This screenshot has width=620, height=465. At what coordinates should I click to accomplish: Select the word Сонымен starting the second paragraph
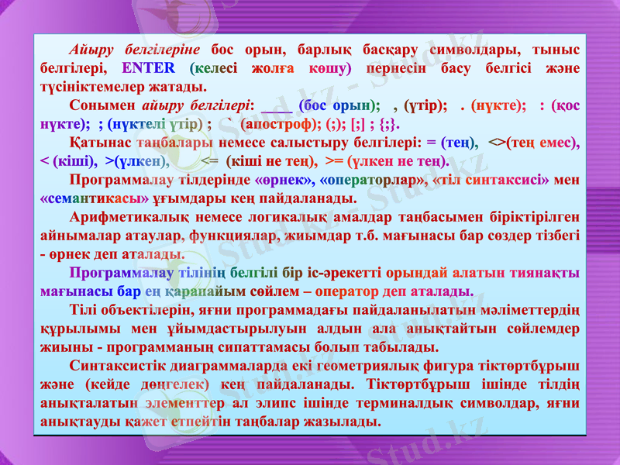pos(99,105)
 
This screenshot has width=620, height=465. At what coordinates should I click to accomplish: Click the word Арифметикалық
pos(123,217)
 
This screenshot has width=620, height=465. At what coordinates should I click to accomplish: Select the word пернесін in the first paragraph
pos(395,67)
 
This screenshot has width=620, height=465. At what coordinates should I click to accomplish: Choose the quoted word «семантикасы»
pos(95,198)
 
